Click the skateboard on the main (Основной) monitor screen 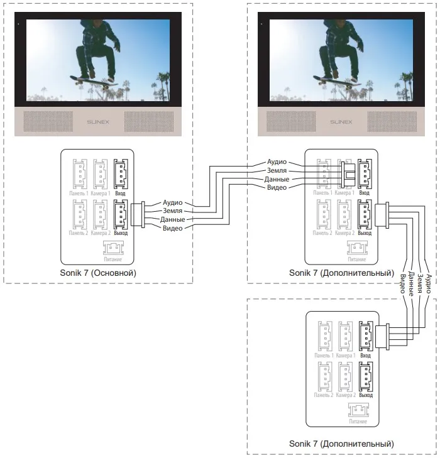tap(94, 80)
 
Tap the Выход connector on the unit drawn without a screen tap(365, 376)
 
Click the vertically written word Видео tap(402, 286)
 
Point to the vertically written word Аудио tap(429, 284)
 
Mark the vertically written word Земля tap(419, 285)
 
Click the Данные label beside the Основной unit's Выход tap(173, 220)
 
